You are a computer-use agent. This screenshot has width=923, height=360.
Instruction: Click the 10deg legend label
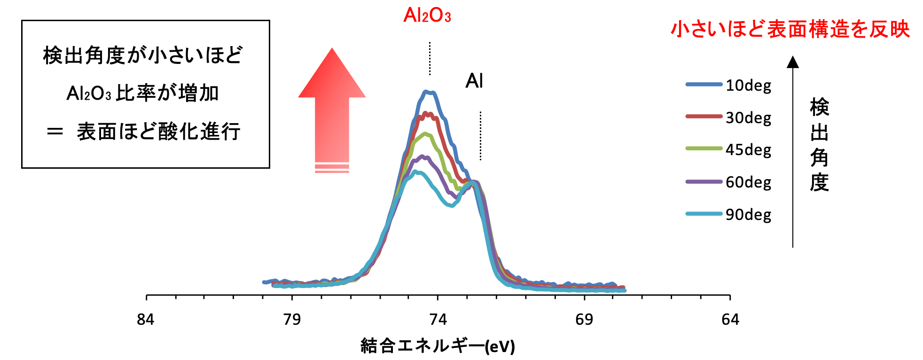[x=748, y=86]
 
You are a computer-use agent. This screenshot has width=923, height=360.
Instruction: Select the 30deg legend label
[x=748, y=117]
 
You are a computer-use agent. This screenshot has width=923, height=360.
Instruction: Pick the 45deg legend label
[x=748, y=150]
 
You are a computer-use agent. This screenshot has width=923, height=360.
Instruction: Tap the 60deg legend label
[x=748, y=182]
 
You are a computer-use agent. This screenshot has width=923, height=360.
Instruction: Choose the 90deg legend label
[x=748, y=215]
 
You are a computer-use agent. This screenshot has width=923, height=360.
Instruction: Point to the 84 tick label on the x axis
[x=146, y=320]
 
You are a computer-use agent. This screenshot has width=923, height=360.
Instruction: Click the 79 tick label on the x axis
[x=292, y=320]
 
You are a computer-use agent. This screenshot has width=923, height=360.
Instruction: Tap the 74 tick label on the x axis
[x=438, y=320]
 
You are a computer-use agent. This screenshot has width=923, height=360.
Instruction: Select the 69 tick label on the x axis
[x=584, y=320]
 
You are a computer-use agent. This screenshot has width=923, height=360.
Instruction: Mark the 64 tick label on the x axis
[x=730, y=320]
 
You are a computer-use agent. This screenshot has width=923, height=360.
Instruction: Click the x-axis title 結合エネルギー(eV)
[x=438, y=346]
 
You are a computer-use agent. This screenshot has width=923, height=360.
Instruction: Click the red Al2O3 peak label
[x=427, y=16]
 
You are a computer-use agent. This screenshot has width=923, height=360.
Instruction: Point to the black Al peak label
[x=474, y=81]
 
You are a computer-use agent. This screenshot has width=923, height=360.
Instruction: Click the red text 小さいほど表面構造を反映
[x=790, y=29]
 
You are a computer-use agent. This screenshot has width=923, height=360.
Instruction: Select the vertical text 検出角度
[x=819, y=145]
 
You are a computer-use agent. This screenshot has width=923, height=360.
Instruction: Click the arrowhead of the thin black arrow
[x=793, y=62]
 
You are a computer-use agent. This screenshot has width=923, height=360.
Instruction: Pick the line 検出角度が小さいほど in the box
[x=143, y=55]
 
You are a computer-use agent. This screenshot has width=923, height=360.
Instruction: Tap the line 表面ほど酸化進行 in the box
[x=158, y=132]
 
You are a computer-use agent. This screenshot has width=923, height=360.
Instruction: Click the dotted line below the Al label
[x=480, y=136]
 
